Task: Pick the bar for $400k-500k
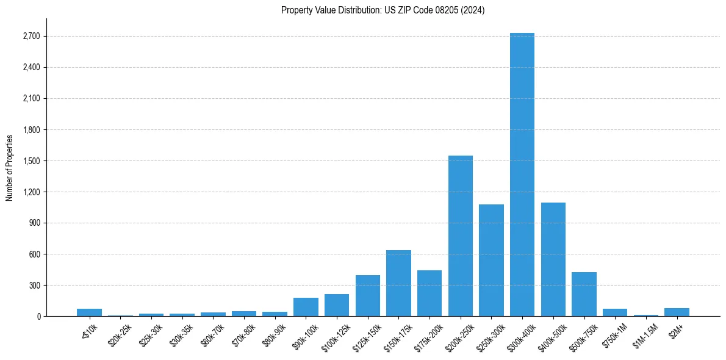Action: tap(553, 259)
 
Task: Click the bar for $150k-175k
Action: tap(398, 283)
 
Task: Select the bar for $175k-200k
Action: tap(429, 293)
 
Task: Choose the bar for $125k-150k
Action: tap(368, 296)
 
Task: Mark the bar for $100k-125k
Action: tap(337, 305)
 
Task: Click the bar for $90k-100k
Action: tap(306, 307)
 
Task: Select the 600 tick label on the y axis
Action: tap(34, 254)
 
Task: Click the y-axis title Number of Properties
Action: tap(9, 167)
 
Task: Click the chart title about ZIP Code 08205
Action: tap(383, 10)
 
